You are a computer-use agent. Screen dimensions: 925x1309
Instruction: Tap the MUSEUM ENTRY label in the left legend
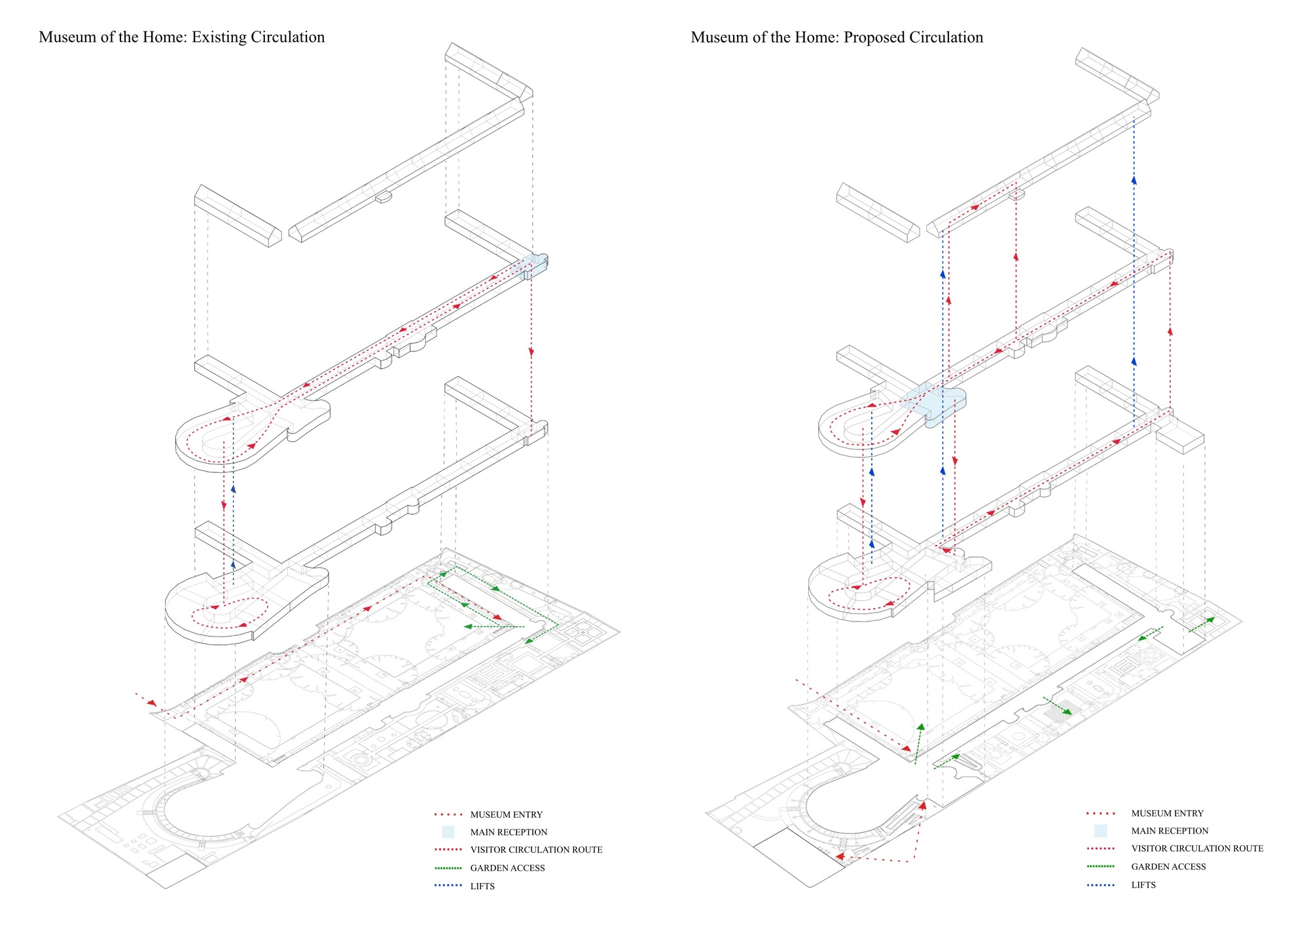click(506, 814)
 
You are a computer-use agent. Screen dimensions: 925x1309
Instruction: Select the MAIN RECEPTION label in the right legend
click(1170, 831)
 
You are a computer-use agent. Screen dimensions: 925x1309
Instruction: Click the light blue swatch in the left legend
click(448, 832)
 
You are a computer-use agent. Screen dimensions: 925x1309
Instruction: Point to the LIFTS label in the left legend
click(482, 886)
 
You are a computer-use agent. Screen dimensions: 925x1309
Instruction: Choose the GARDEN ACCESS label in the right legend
click(1168, 867)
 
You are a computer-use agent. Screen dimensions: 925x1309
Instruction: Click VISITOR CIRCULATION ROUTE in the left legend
click(536, 850)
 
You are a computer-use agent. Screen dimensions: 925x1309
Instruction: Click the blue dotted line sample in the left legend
click(448, 886)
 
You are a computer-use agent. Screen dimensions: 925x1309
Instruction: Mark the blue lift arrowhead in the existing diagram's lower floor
click(233, 563)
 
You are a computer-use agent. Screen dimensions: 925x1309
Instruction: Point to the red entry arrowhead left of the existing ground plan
click(153, 703)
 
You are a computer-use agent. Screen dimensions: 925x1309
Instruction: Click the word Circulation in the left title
click(287, 37)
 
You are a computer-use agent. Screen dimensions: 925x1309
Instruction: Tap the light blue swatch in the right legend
click(1100, 831)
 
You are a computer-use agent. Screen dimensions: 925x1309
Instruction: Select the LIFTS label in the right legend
click(1143, 885)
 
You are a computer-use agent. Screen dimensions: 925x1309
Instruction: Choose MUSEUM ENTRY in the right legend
click(1167, 813)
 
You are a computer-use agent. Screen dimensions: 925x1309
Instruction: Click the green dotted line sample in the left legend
click(448, 868)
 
